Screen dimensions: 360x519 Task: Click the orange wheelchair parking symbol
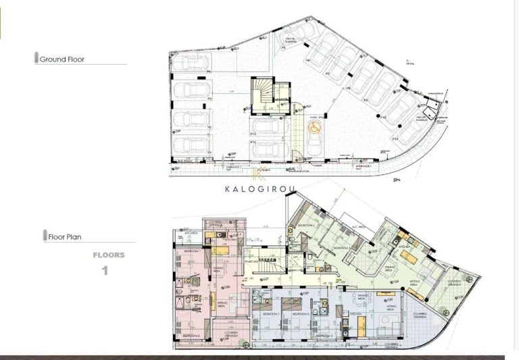(314, 126)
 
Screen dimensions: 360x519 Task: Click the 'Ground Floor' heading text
(62, 59)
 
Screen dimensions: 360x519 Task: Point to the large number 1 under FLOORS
(105, 271)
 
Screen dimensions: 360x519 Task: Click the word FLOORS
(109, 255)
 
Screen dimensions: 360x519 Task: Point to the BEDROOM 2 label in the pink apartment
(191, 335)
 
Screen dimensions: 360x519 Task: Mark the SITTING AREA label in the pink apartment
(221, 305)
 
